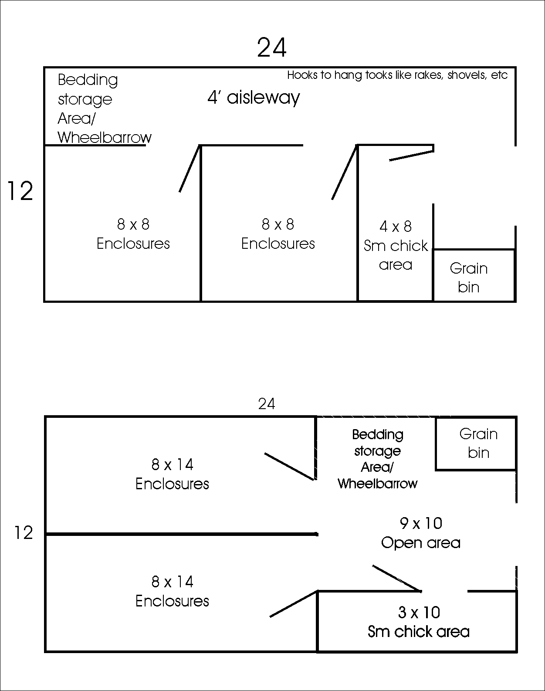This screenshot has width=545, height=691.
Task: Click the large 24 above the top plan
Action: coord(272,48)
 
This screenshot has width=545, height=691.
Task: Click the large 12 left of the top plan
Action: coord(20,191)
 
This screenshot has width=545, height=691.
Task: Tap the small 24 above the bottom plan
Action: coord(267,404)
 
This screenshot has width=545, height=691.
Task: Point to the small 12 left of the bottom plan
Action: coord(24,533)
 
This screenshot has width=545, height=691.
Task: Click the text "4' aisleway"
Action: coord(254,98)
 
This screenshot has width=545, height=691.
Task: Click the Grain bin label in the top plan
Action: coord(469,278)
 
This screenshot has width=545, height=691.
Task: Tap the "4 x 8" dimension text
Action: coord(396,227)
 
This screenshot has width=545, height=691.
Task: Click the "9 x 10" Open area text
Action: coord(421,523)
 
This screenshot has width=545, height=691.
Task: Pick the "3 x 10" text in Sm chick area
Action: coord(419,613)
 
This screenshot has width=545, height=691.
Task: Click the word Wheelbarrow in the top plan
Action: coord(105,138)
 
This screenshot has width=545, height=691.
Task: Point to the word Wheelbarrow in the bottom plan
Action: coord(377,484)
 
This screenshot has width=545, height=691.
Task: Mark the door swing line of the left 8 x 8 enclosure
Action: coord(190,169)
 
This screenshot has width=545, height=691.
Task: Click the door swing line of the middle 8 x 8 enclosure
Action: coord(345,173)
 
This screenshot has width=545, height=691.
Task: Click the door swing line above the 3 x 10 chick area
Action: coord(396,579)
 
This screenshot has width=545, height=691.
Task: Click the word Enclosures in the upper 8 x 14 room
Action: coord(172,484)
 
